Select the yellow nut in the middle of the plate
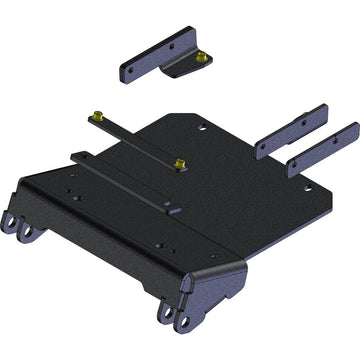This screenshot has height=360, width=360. pos(180,164)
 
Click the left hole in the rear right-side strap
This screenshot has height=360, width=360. pos(263,147)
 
